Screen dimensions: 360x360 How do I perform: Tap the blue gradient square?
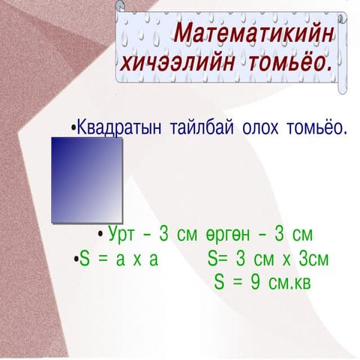tap(87, 180)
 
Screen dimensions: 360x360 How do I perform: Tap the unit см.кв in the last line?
tap(289, 283)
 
